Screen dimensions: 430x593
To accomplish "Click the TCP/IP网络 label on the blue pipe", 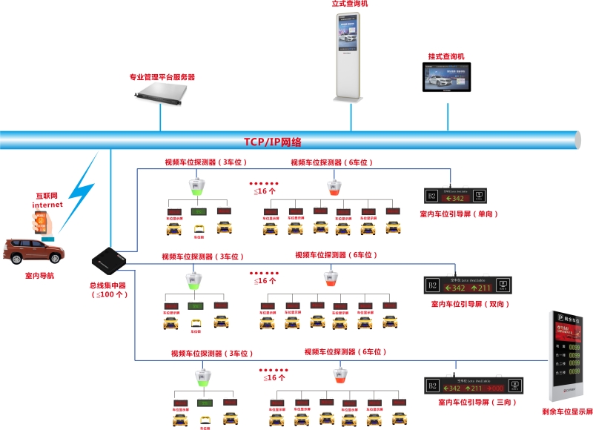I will pyautogui.click(x=272, y=142).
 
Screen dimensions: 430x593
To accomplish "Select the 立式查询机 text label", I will pyautogui.click(x=350, y=4).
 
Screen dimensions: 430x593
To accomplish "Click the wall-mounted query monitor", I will pyautogui.click(x=448, y=77).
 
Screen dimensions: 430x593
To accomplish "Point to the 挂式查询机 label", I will pyautogui.click(x=445, y=56).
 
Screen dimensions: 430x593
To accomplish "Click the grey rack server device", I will pyautogui.click(x=163, y=93).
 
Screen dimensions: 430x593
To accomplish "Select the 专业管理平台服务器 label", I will pyautogui.click(x=162, y=77).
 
